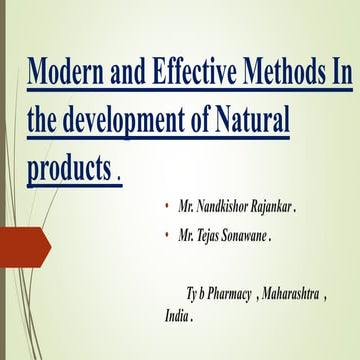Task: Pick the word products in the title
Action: click(x=67, y=168)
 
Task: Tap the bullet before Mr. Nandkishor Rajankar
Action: click(x=167, y=211)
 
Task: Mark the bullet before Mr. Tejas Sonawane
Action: click(x=167, y=237)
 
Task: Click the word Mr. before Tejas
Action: click(x=188, y=237)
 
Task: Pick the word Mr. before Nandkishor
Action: click(x=188, y=211)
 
